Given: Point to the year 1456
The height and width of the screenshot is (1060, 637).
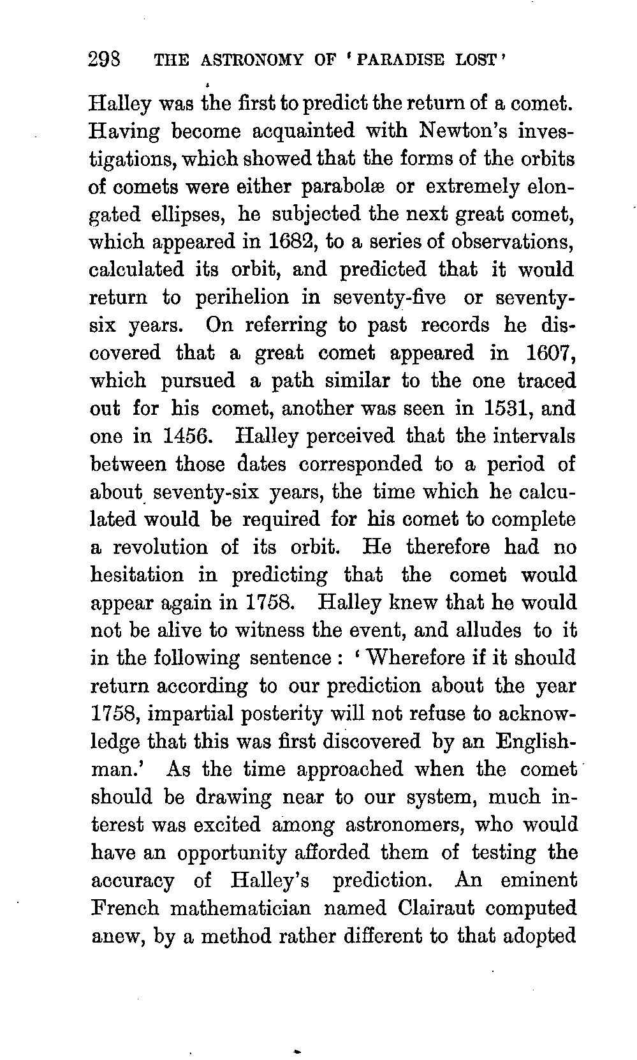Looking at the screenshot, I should point(186,437).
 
